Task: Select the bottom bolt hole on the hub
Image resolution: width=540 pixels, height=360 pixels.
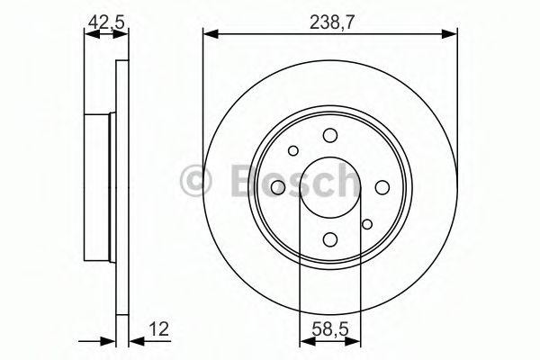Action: coord(330,238)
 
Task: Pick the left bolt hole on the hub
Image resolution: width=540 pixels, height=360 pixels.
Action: coord(278,186)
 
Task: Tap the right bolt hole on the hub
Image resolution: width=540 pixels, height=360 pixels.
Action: coord(382,186)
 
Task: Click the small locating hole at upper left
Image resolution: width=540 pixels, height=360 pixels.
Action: coord(293,150)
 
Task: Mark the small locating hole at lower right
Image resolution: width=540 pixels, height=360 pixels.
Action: coord(366,224)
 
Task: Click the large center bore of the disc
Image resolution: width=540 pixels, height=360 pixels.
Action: coord(330,186)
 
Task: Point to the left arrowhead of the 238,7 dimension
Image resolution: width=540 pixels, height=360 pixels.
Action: coord(209,35)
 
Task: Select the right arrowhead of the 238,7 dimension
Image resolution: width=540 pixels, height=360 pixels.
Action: coord(451,35)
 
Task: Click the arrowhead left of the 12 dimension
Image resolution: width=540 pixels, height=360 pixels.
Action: coord(110,341)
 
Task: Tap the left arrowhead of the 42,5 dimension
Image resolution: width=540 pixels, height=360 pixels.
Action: coord(88,35)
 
